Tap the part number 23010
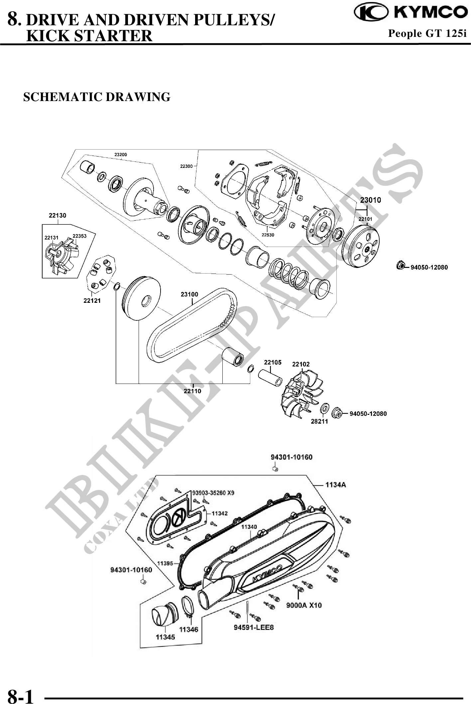click(x=370, y=200)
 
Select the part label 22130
click(x=58, y=215)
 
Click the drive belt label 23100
click(x=189, y=294)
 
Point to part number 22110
click(x=192, y=391)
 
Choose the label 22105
click(x=273, y=362)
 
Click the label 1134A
click(x=335, y=485)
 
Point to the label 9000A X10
click(x=304, y=605)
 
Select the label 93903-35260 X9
click(x=213, y=493)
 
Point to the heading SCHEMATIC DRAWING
click(x=97, y=97)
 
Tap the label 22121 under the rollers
click(x=92, y=300)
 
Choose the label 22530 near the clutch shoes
click(x=268, y=235)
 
